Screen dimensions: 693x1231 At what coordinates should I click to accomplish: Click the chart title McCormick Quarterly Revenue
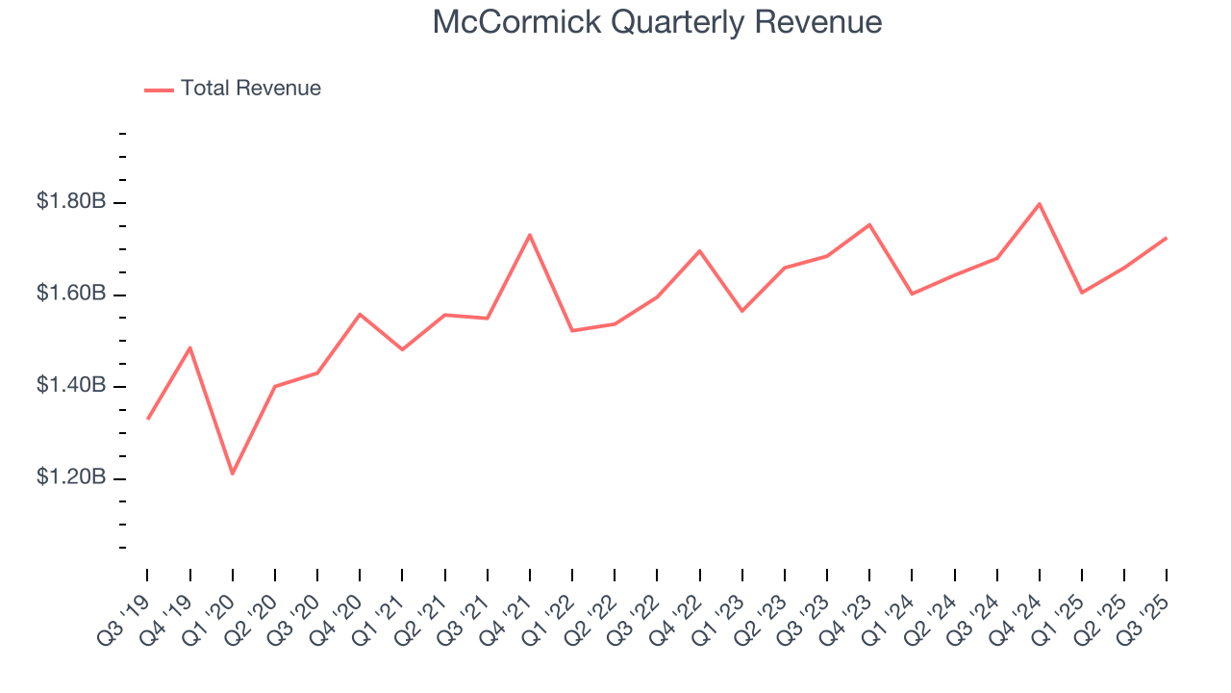click(657, 22)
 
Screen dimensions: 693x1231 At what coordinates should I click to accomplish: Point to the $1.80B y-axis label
click(71, 202)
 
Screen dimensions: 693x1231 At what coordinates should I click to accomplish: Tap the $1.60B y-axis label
click(71, 294)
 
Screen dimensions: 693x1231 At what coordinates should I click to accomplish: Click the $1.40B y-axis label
click(71, 386)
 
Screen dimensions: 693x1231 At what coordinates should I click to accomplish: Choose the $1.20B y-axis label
click(71, 478)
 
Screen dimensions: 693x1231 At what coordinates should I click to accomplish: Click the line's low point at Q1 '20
click(233, 474)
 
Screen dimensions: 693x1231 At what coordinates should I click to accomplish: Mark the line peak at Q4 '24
click(1040, 204)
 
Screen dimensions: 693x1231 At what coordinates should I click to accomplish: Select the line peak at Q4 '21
click(530, 235)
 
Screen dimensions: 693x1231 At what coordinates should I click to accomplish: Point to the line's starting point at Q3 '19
click(148, 419)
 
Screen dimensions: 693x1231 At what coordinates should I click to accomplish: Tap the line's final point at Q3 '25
click(1167, 238)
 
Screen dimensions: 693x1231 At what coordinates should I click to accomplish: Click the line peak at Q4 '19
click(190, 347)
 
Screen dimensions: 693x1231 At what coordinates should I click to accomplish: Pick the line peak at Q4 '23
click(869, 225)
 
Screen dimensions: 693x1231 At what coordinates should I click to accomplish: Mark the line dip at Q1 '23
click(742, 311)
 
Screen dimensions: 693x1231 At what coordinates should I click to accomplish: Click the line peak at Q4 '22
click(699, 251)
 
